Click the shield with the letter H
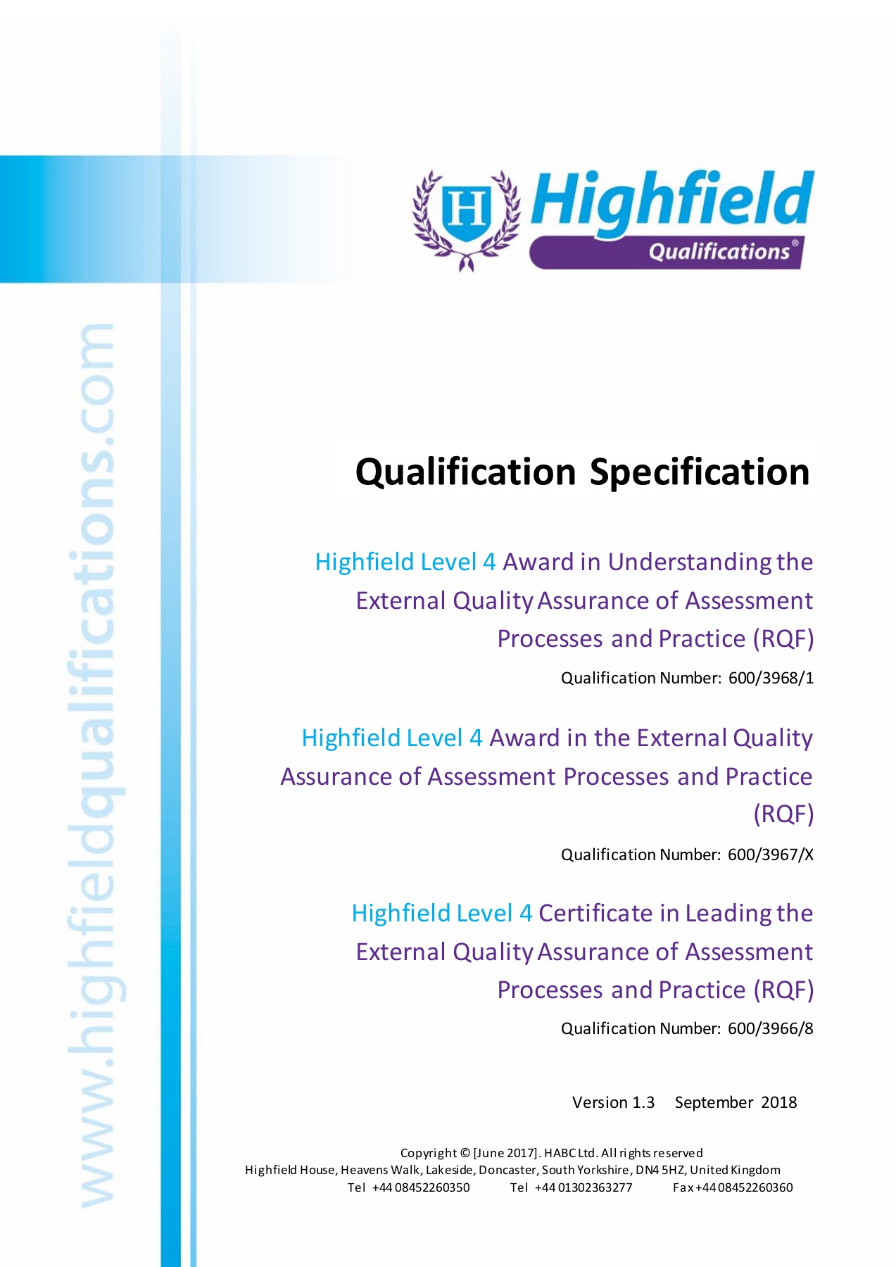pyautogui.click(x=466, y=210)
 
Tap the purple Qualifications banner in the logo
pyautogui.click(x=666, y=252)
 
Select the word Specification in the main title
pyautogui.click(x=700, y=472)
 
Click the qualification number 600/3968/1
pyautogui.click(x=771, y=678)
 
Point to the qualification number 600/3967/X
pyautogui.click(x=771, y=855)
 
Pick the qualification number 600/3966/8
pyautogui.click(x=771, y=1028)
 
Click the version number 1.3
pyautogui.click(x=643, y=1102)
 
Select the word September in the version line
pyautogui.click(x=714, y=1103)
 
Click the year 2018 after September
pyautogui.click(x=778, y=1102)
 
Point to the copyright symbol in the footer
pyautogui.click(x=465, y=1153)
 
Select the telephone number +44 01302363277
pyautogui.click(x=583, y=1187)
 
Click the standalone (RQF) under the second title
pyautogui.click(x=783, y=814)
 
